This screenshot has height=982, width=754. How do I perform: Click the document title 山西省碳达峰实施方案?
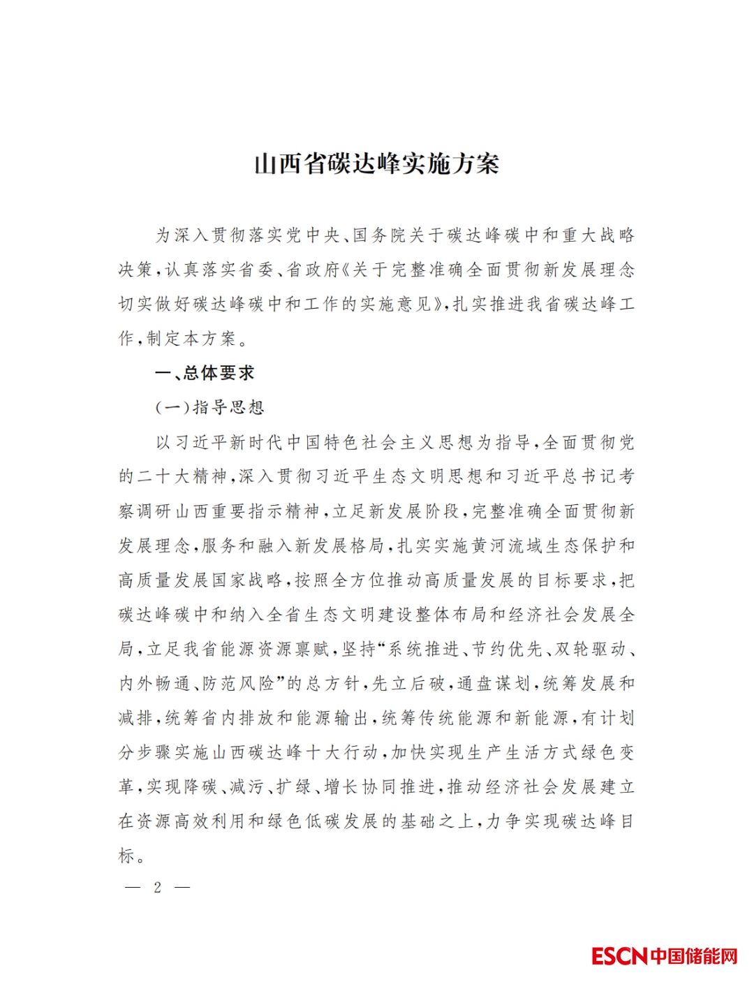(376, 165)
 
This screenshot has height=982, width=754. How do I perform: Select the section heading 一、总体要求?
(205, 373)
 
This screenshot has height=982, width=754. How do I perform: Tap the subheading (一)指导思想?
(209, 407)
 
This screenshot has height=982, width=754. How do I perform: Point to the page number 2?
(158, 887)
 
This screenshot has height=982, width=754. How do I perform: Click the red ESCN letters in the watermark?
(619, 955)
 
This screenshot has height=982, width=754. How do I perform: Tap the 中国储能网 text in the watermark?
(694, 955)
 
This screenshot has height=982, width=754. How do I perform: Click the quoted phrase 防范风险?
(238, 683)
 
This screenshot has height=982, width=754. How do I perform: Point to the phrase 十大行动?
(342, 752)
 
